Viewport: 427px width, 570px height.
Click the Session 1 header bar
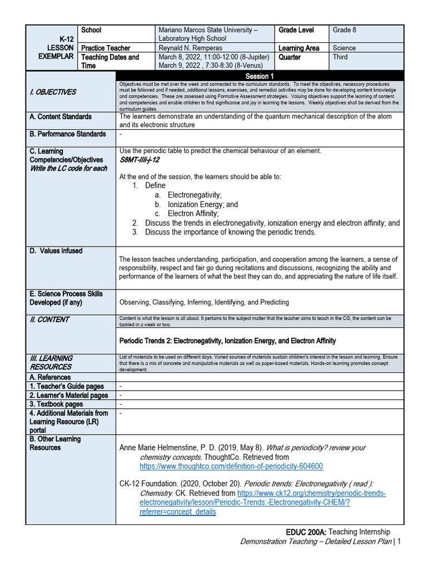[x=259, y=76]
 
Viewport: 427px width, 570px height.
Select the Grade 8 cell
[x=345, y=30]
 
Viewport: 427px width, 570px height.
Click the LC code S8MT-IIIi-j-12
[x=140, y=160]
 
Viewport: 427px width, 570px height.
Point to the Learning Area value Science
[x=344, y=48]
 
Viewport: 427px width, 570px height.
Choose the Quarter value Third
[x=340, y=57]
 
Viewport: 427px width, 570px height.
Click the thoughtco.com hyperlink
[x=231, y=466]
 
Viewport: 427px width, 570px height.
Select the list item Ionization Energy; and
[x=202, y=204]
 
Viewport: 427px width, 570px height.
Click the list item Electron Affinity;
[x=193, y=213]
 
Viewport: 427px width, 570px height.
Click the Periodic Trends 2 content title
[x=227, y=340]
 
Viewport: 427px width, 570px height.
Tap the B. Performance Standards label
[x=67, y=134]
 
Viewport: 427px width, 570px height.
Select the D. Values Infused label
[x=56, y=251]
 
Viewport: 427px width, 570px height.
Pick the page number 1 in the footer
[x=399, y=542]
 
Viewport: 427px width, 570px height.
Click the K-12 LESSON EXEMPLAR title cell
[x=55, y=48]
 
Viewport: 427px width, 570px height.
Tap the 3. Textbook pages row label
[x=56, y=404]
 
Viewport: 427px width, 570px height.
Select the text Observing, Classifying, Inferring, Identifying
[x=204, y=302]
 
